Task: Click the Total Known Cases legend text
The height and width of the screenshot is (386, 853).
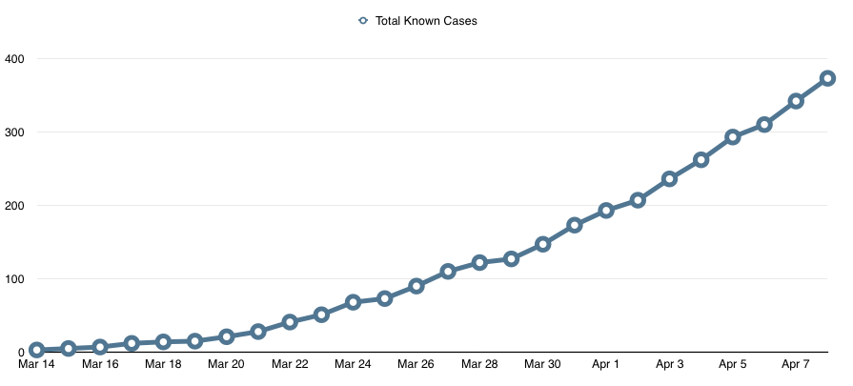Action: (x=426, y=20)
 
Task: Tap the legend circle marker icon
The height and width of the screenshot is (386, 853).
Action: (x=362, y=20)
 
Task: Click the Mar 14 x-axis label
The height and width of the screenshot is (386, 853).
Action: (x=37, y=364)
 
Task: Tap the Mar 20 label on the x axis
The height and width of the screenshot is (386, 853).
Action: (x=226, y=364)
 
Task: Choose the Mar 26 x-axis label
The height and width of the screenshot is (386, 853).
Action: (x=416, y=364)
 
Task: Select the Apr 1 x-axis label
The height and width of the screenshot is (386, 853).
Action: (x=605, y=364)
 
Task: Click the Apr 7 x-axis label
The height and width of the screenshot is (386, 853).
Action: (x=795, y=364)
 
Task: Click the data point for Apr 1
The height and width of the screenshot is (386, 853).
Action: (x=606, y=211)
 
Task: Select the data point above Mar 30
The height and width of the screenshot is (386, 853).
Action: (x=542, y=244)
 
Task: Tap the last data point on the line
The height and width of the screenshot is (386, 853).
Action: (x=827, y=78)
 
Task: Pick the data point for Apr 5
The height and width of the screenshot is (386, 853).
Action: (x=732, y=137)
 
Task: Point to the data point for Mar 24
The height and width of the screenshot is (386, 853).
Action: (x=353, y=302)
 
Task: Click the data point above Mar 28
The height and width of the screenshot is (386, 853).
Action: (x=479, y=262)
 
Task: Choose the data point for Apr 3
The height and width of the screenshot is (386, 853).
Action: (x=669, y=178)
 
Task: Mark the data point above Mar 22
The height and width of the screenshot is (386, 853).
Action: (x=290, y=322)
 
